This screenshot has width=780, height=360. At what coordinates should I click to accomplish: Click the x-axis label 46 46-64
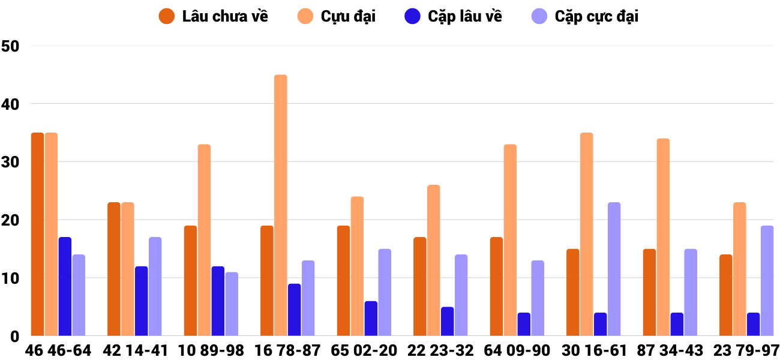tap(58, 350)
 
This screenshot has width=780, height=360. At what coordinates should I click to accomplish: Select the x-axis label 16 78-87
tap(287, 350)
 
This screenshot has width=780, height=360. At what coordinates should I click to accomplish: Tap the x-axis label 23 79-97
tap(746, 350)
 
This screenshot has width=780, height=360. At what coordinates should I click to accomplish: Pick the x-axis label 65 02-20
tap(364, 350)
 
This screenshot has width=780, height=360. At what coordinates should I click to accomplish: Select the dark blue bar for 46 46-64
tap(65, 287)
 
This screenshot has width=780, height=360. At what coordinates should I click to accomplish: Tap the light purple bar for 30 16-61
tap(614, 269)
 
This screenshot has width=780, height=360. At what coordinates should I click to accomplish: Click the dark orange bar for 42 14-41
tap(114, 269)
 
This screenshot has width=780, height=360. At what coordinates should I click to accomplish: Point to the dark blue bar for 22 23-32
tap(448, 322)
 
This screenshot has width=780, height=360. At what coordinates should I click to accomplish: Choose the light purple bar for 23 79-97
tap(767, 281)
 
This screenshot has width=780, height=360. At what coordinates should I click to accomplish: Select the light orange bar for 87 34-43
tap(663, 238)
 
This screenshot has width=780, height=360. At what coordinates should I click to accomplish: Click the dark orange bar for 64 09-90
tap(497, 287)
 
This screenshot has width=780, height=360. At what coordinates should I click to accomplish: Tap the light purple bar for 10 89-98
tap(232, 304)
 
